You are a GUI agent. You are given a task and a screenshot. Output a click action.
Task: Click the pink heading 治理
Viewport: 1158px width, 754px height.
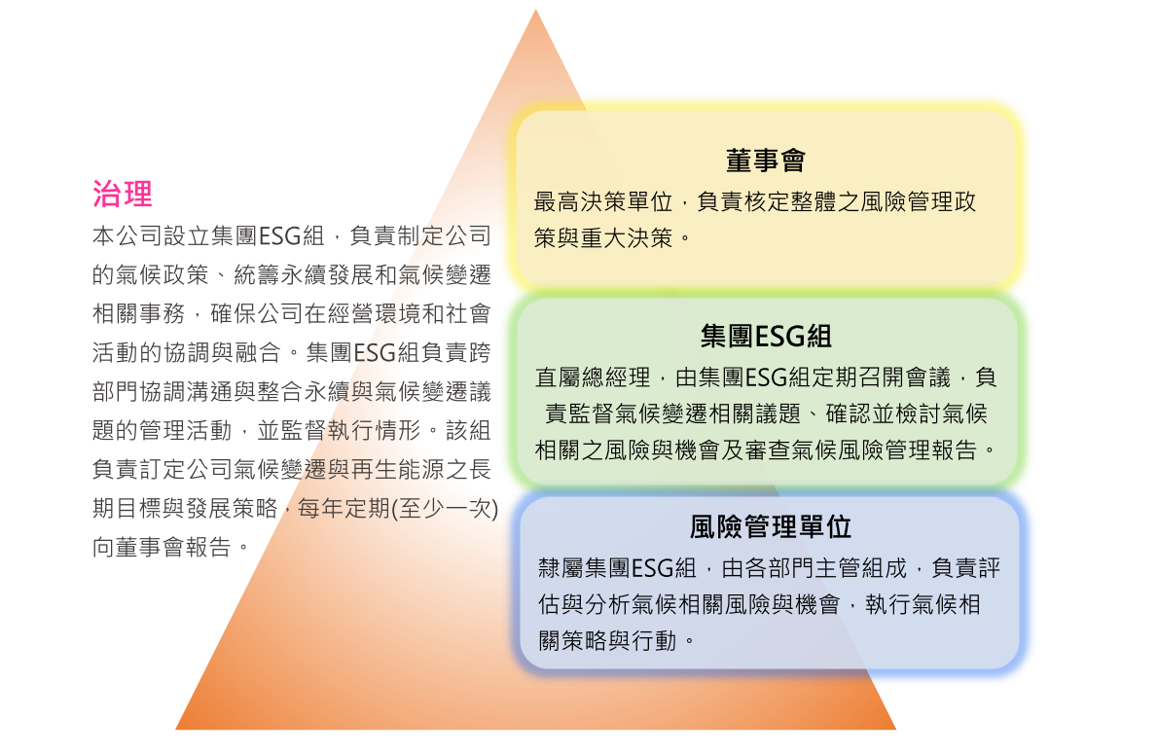123,195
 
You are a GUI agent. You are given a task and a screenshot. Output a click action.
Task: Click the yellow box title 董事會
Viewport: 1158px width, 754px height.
766,161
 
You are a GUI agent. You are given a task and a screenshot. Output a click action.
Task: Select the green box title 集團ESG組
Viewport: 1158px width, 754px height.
766,336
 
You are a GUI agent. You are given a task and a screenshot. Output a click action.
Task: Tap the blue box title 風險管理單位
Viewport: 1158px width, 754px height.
771,526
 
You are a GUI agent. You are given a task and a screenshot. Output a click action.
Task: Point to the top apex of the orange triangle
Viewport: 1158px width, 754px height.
535,9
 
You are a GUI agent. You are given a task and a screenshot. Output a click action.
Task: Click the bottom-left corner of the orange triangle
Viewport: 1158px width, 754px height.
176,729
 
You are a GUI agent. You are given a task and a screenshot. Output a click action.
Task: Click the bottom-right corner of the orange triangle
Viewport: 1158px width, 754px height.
896,729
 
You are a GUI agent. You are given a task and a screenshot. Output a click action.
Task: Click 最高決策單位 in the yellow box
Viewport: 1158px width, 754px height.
603,201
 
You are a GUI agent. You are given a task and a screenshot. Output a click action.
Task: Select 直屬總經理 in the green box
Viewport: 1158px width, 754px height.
593,377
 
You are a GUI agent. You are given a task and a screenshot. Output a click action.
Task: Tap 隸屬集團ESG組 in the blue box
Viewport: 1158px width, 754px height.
617,568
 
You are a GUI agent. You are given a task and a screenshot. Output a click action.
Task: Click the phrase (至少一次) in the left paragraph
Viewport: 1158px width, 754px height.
445,508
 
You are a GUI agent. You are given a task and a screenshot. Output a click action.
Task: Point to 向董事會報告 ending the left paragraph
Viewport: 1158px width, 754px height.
162,547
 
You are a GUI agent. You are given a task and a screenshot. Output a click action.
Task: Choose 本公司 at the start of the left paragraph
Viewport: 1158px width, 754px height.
127,235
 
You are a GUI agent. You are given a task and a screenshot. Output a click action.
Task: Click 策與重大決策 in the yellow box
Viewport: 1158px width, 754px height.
603,237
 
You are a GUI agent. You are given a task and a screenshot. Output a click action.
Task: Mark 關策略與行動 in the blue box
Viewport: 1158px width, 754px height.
608,640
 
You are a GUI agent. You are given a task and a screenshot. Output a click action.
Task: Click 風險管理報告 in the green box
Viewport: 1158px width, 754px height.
908,449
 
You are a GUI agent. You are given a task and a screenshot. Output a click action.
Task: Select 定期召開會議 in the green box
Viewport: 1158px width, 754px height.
882,377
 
